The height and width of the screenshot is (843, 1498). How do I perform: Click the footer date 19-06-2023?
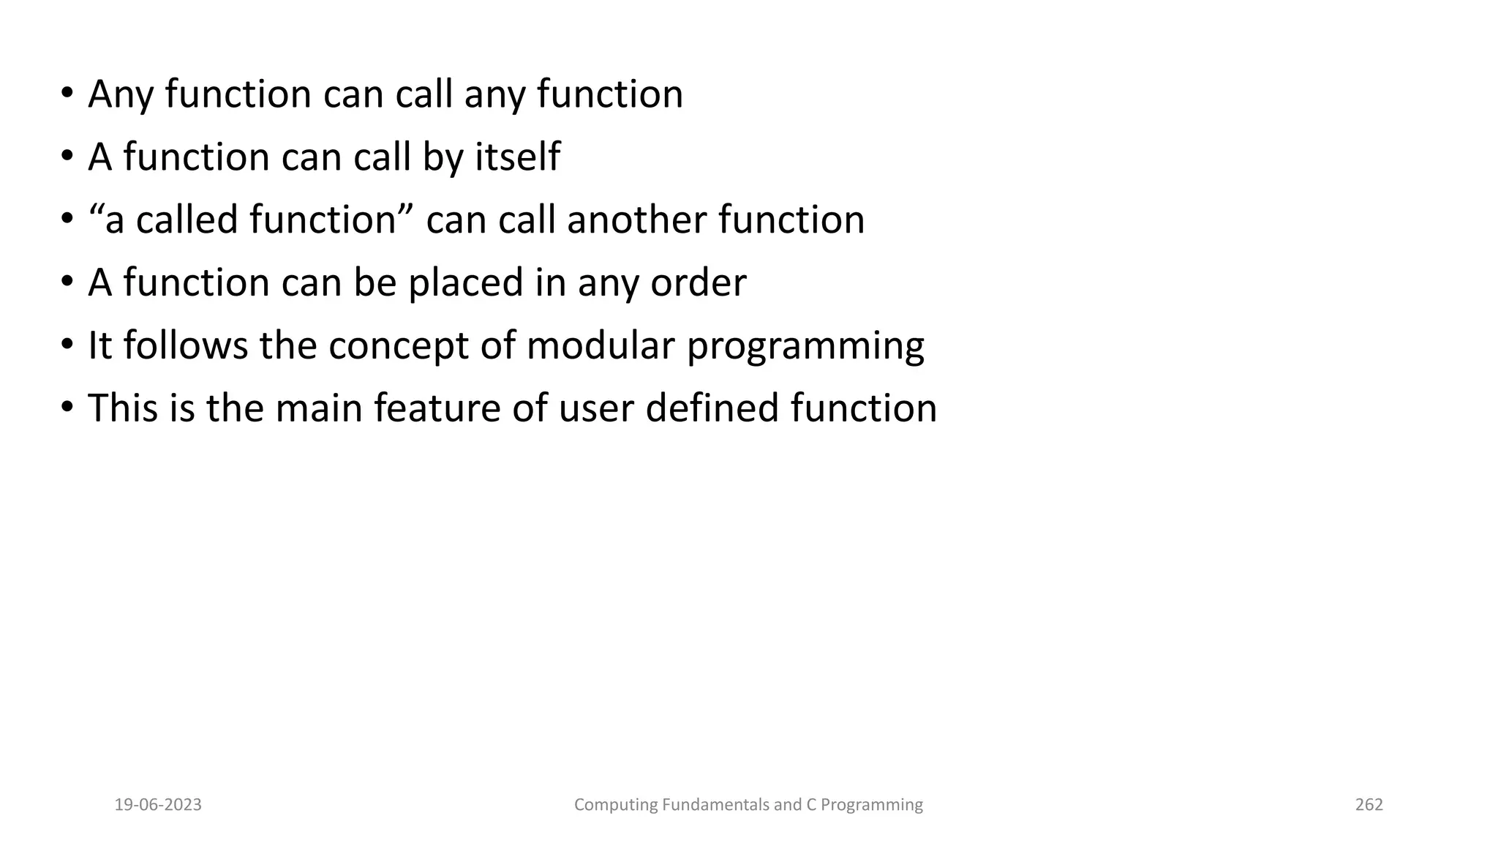click(x=158, y=805)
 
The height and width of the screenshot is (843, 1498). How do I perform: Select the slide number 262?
click(x=1369, y=805)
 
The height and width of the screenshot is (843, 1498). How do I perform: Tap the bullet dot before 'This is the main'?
click(x=67, y=408)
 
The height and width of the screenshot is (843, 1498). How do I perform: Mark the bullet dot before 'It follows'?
click(x=67, y=345)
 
